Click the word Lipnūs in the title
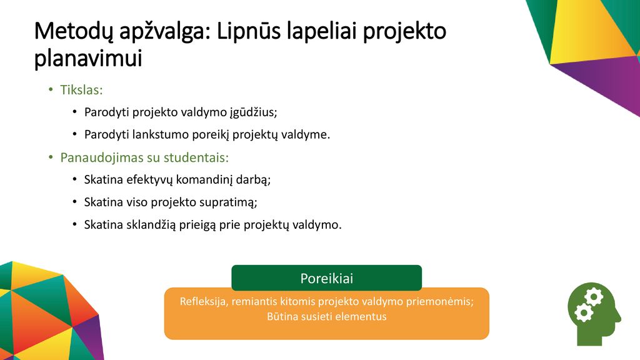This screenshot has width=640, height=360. pyautogui.click(x=249, y=31)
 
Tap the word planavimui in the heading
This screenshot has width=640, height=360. pyautogui.click(x=88, y=59)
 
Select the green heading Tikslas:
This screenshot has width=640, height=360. pyautogui.click(x=81, y=90)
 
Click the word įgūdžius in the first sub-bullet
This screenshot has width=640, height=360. pyautogui.click(x=254, y=112)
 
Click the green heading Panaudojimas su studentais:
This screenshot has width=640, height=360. pyautogui.click(x=144, y=157)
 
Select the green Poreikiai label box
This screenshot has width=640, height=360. pyautogui.click(x=326, y=278)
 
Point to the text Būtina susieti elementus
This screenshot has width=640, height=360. pyautogui.click(x=326, y=317)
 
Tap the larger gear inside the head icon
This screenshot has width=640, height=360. pyautogui.click(x=594, y=296)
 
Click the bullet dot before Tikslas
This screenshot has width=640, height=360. pyautogui.click(x=51, y=89)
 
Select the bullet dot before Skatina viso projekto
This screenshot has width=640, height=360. pyautogui.click(x=75, y=202)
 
